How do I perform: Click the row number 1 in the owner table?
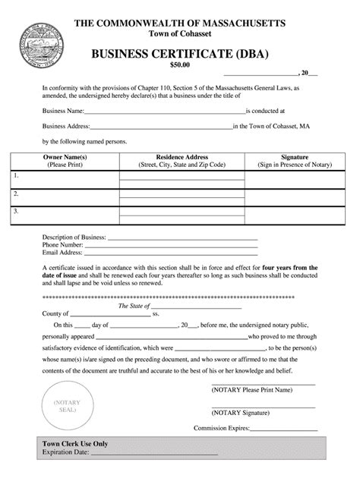tap(15, 175)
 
